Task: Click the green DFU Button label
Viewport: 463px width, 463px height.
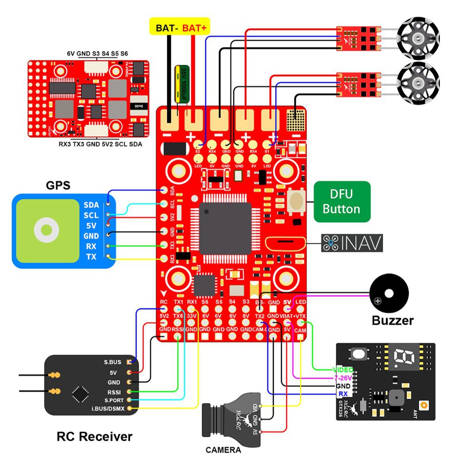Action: tap(342, 201)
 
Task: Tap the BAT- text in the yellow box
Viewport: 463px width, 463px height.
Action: tap(165, 28)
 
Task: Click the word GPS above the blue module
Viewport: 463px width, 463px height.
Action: tap(58, 185)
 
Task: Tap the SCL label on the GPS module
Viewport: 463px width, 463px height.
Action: tap(91, 215)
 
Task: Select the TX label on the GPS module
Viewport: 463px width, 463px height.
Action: tap(91, 257)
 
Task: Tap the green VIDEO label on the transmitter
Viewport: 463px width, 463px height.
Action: tap(342, 370)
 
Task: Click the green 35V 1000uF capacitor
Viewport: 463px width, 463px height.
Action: tap(180, 83)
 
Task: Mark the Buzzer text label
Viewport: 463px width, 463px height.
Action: tap(393, 319)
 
